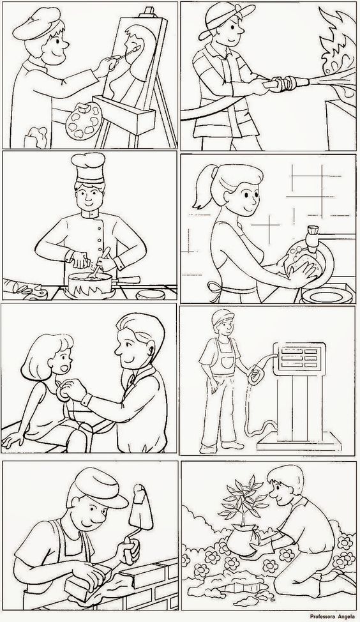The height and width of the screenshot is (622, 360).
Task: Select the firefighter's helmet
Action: (226, 17)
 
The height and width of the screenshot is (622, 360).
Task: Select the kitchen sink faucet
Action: (313, 239)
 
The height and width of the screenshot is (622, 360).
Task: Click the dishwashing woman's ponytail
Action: (204, 187)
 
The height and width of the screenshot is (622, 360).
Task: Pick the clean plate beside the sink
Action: (327, 296)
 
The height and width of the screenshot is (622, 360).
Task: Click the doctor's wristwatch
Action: (86, 400)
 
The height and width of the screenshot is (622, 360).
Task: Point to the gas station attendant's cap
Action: (222, 317)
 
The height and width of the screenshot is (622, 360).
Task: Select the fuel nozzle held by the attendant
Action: (256, 373)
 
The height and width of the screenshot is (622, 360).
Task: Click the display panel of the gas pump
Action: (299, 358)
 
